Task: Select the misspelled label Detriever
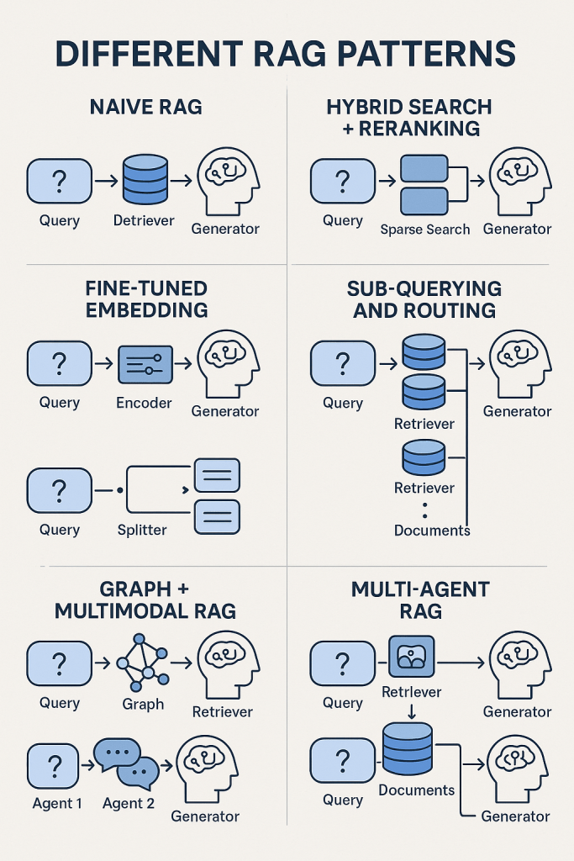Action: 144,220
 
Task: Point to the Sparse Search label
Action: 425,229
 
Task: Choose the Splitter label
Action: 142,530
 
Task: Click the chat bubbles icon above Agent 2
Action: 127,762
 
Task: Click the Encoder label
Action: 144,403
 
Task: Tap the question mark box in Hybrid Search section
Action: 342,181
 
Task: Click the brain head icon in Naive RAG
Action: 228,180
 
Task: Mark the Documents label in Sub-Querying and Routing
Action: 432,531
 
